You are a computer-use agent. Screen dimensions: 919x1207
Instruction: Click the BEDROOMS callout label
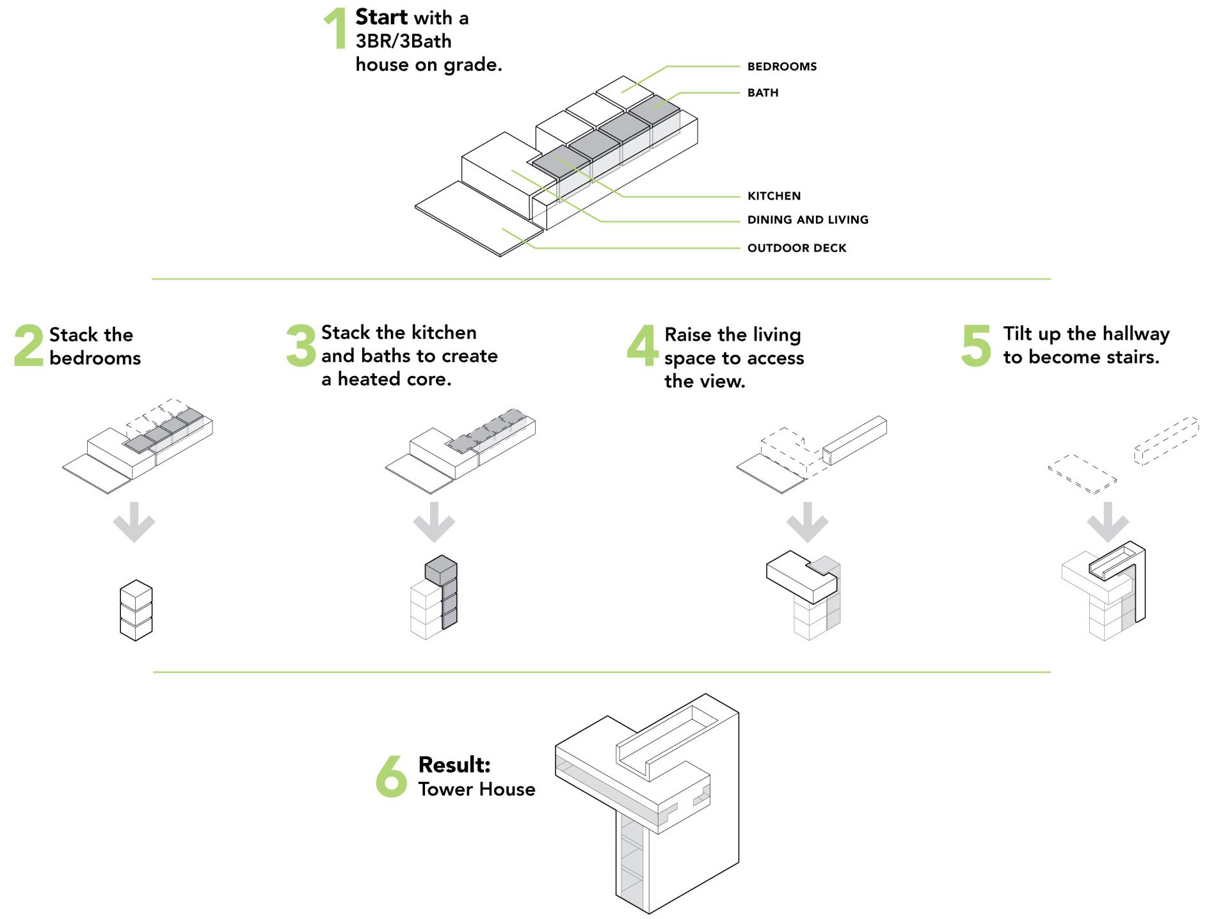pyautogui.click(x=781, y=67)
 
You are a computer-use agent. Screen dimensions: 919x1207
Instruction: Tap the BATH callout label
pyautogui.click(x=763, y=93)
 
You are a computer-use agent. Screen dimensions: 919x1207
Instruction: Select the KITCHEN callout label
pyautogui.click(x=774, y=196)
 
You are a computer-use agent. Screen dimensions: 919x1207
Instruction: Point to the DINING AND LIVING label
pyautogui.click(x=808, y=220)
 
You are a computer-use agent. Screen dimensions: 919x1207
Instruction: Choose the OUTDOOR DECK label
pyautogui.click(x=797, y=248)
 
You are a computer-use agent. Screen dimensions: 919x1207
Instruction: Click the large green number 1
pyautogui.click(x=335, y=28)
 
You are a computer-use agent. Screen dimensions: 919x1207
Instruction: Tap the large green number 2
pyautogui.click(x=29, y=345)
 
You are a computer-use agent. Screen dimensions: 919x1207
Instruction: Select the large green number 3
pyautogui.click(x=301, y=345)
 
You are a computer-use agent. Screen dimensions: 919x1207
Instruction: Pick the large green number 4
pyautogui.click(x=643, y=345)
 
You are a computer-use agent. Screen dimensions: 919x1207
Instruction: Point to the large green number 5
pyautogui.click(x=976, y=345)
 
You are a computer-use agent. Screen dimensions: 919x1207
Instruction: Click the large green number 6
pyautogui.click(x=391, y=776)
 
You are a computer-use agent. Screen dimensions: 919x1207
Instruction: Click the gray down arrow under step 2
pyautogui.click(x=134, y=522)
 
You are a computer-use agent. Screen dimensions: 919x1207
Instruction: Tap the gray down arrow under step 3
pyautogui.click(x=434, y=522)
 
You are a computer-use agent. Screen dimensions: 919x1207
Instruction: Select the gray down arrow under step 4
pyautogui.click(x=807, y=522)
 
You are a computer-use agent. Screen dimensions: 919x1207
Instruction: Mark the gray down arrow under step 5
pyautogui.click(x=1107, y=522)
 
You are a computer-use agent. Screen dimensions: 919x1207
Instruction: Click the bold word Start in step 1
pyautogui.click(x=381, y=17)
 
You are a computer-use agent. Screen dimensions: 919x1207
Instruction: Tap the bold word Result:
pyautogui.click(x=454, y=765)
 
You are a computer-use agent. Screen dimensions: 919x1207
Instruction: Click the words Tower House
pyautogui.click(x=477, y=789)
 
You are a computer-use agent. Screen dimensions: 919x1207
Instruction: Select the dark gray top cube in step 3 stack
pyautogui.click(x=441, y=569)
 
